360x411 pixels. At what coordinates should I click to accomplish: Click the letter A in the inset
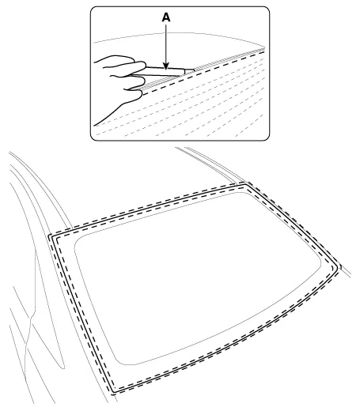pyautogui.click(x=166, y=17)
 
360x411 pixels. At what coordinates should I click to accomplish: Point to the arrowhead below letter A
pyautogui.click(x=165, y=66)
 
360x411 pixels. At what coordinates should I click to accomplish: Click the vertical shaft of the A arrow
pyautogui.click(x=165, y=43)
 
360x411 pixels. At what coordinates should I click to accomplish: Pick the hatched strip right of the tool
pyautogui.click(x=229, y=59)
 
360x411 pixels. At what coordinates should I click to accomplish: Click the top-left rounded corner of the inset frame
pyautogui.click(x=93, y=9)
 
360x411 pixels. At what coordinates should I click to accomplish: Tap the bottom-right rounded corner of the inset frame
pyautogui.click(x=267, y=138)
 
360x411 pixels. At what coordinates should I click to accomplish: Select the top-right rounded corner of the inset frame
pyautogui.click(x=267, y=9)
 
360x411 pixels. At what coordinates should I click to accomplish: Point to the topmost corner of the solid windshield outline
pyautogui.click(x=245, y=185)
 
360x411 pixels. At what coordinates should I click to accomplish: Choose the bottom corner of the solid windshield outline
pyautogui.click(x=114, y=391)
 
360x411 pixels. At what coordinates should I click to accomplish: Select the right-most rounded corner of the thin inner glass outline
pyautogui.click(x=320, y=264)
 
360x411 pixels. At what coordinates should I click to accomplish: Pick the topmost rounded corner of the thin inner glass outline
pyautogui.click(x=242, y=193)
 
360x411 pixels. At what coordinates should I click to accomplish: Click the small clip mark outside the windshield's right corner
pyautogui.click(x=340, y=267)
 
